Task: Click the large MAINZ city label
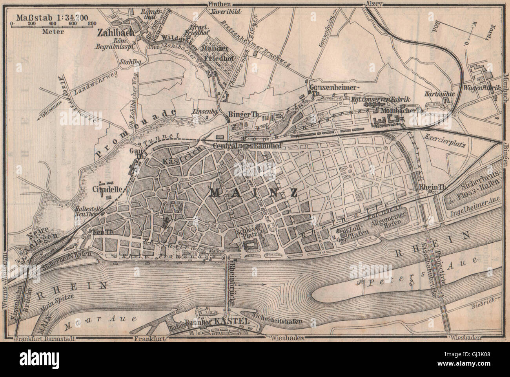[253, 193]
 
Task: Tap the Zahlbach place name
[114, 34]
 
